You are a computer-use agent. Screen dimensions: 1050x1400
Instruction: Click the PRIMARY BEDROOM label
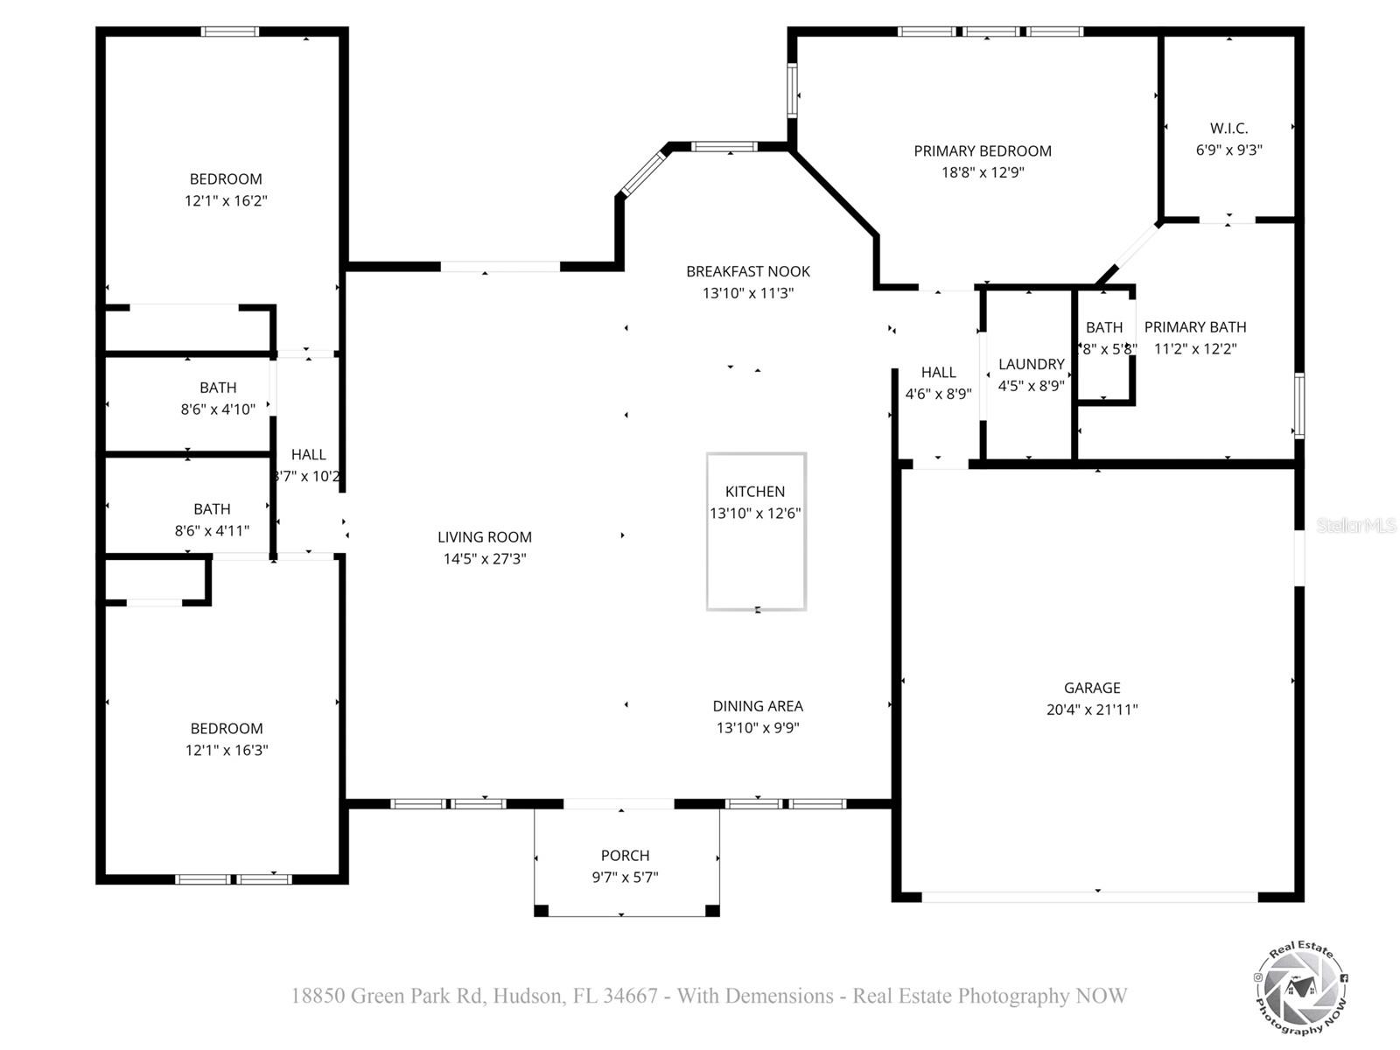click(x=982, y=150)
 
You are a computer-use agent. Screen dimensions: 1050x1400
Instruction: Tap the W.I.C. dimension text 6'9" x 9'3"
click(x=1228, y=150)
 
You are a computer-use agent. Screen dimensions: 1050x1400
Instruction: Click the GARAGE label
click(x=1092, y=688)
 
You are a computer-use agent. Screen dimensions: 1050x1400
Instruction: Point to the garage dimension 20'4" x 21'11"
click(x=1092, y=710)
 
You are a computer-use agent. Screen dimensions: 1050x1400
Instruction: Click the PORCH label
click(x=625, y=855)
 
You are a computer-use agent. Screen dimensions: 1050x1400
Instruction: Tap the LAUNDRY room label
click(x=1031, y=364)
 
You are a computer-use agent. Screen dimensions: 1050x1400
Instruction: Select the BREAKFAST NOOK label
click(x=748, y=271)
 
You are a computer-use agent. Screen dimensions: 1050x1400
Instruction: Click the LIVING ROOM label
click(x=485, y=537)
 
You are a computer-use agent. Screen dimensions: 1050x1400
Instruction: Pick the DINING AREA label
click(x=758, y=705)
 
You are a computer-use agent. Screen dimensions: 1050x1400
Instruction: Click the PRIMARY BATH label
click(x=1195, y=326)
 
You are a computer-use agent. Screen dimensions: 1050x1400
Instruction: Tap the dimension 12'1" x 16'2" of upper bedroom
click(x=226, y=200)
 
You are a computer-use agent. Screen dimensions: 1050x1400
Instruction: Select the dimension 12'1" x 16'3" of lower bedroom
click(x=226, y=750)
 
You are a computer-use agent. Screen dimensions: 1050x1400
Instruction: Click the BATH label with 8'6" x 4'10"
click(x=218, y=387)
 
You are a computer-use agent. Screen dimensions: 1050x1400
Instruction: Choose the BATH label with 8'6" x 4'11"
click(x=212, y=508)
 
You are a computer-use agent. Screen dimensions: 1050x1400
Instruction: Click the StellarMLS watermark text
click(x=1356, y=526)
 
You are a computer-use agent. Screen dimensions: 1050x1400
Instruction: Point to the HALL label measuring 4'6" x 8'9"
click(x=938, y=372)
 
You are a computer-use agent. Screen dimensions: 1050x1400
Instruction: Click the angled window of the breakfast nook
click(x=643, y=172)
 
